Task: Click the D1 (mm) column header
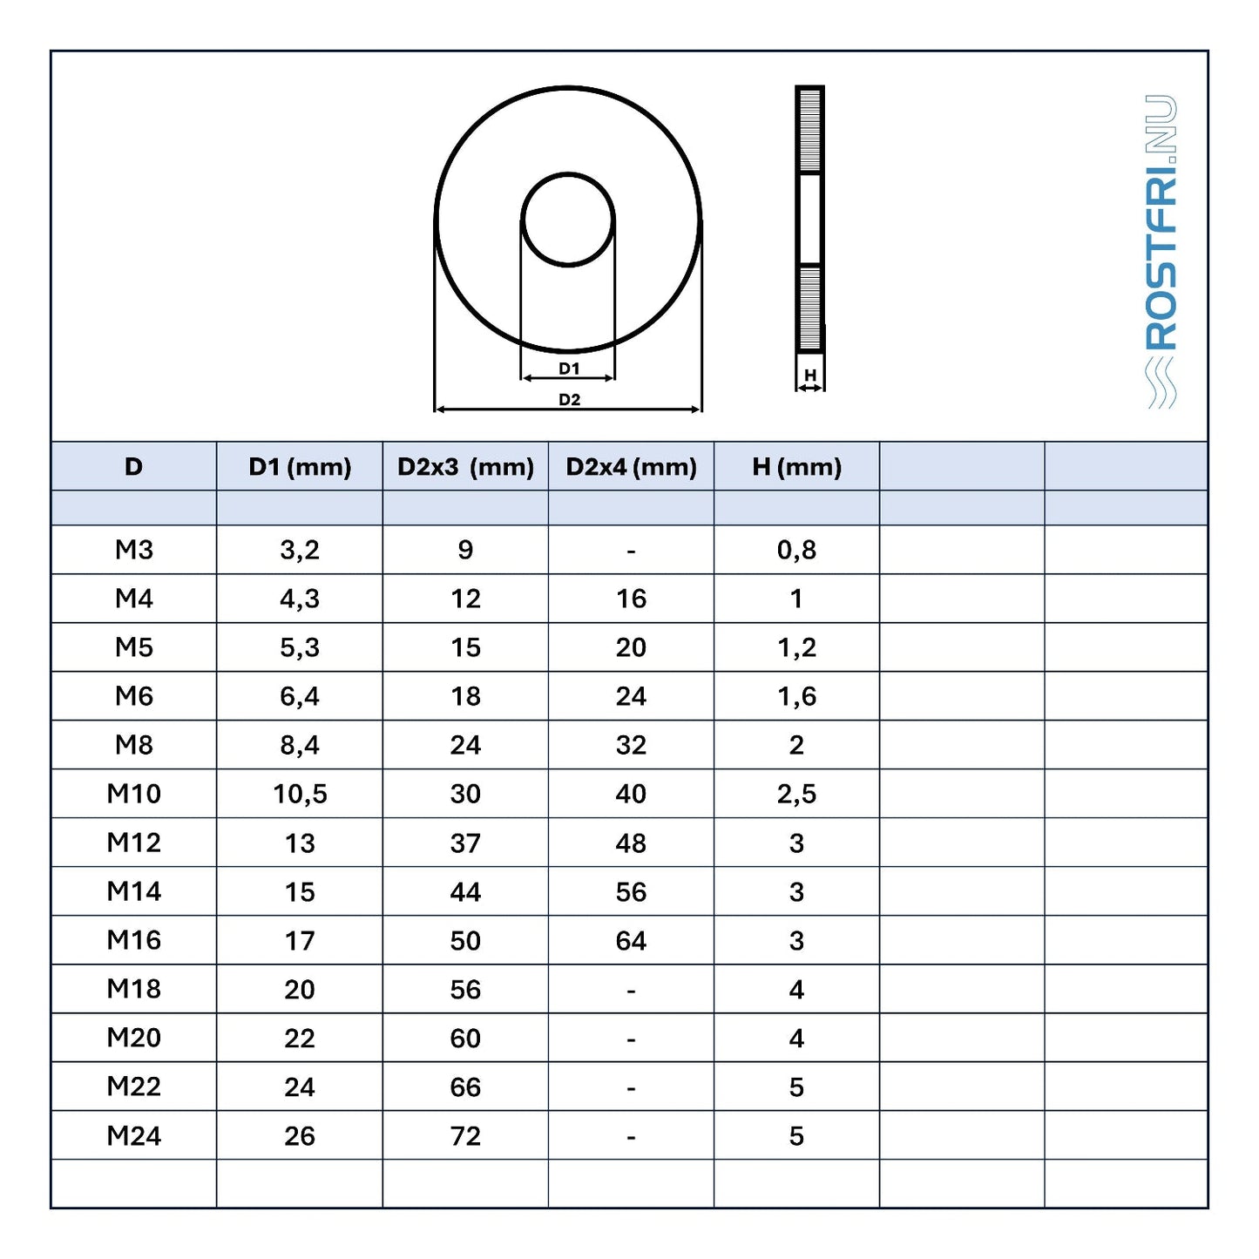coord(300,467)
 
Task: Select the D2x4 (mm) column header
coord(631,467)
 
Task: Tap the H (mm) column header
coord(796,467)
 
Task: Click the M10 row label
coord(134,794)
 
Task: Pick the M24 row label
coord(134,1136)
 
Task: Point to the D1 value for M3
coord(300,550)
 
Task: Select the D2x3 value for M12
coord(465,843)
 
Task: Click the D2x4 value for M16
coord(631,941)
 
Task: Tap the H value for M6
coord(796,696)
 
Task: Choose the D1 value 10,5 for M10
coord(300,794)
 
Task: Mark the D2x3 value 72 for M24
coord(465,1136)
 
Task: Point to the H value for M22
coord(796,1087)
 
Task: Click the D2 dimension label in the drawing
coord(569,400)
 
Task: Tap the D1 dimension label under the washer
coord(569,369)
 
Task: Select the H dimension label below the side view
coord(810,376)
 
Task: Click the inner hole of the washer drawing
coord(568,220)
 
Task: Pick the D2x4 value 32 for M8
coord(631,745)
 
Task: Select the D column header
coord(134,467)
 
